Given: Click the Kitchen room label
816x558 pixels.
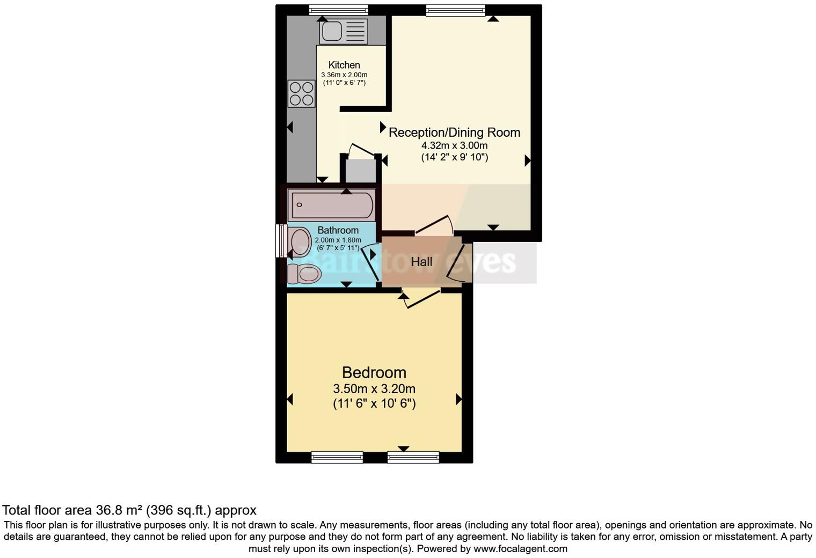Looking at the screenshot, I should tap(344, 65).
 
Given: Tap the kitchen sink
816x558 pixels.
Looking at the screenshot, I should tap(344, 32).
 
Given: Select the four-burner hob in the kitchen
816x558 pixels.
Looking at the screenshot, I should tap(301, 94).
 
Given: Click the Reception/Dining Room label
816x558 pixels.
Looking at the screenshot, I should tap(454, 133).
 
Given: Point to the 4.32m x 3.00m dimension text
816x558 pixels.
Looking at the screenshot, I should tap(454, 145).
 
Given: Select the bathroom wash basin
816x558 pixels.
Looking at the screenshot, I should tap(300, 241).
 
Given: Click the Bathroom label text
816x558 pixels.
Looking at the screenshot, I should tap(338, 231).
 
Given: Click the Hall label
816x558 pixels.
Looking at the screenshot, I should tap(421, 262).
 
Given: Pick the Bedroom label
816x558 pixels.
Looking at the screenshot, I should tap(374, 372).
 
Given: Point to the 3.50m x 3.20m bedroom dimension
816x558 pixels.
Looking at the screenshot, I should tap(374, 389).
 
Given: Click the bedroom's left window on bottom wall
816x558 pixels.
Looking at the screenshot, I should tap(337, 457).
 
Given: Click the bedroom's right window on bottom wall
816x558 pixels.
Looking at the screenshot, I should tap(413, 457).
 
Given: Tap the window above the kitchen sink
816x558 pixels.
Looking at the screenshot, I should tap(338, 10).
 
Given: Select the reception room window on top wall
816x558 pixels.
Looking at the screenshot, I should tap(455, 10).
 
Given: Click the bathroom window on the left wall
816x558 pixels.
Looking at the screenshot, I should tap(280, 241).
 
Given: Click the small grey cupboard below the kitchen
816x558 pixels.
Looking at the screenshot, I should tap(360, 171).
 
